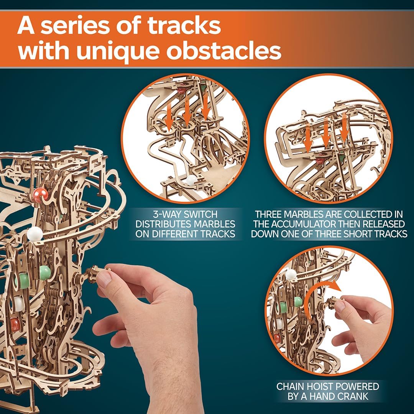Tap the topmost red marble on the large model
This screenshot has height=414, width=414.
(40, 194)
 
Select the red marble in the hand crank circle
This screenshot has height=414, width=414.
(277, 338)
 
